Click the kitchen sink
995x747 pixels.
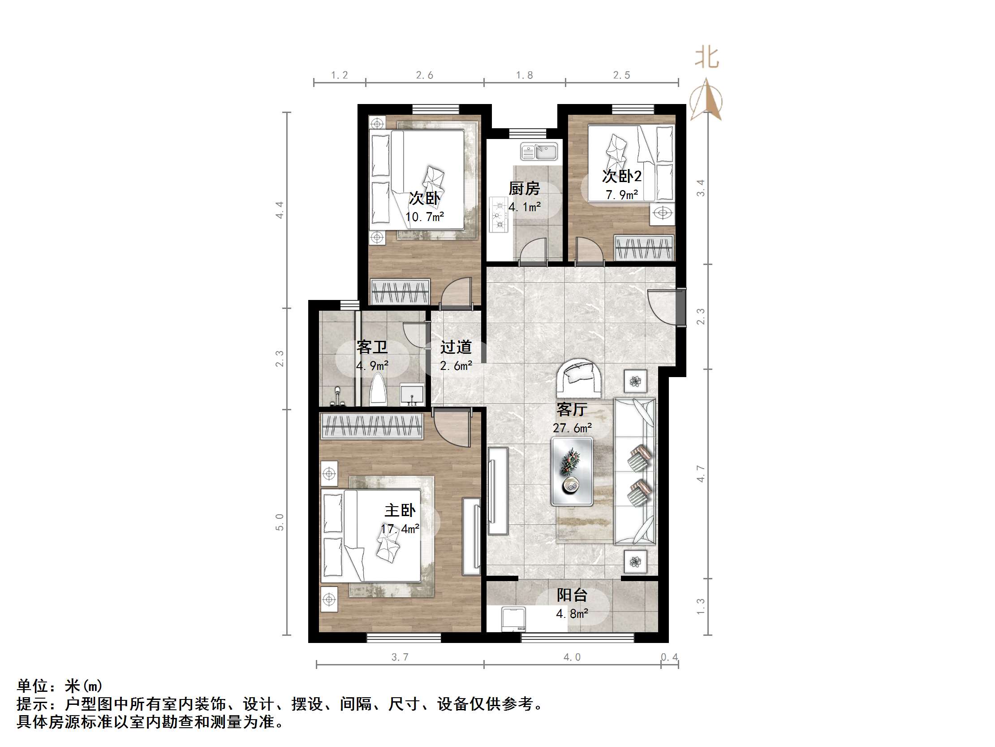pyautogui.click(x=539, y=151)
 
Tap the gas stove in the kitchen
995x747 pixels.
pyautogui.click(x=499, y=215)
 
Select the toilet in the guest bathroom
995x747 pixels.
pyautogui.click(x=378, y=391)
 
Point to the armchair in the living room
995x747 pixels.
pyautogui.click(x=579, y=378)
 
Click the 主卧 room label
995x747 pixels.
pyautogui.click(x=400, y=510)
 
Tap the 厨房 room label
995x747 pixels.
pyautogui.click(x=524, y=188)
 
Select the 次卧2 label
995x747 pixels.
pyautogui.click(x=622, y=176)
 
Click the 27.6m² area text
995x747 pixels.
pyautogui.click(x=572, y=428)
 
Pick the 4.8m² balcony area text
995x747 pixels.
pyautogui.click(x=572, y=614)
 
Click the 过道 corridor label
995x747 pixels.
pyautogui.click(x=456, y=347)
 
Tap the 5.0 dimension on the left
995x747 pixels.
pyautogui.click(x=280, y=522)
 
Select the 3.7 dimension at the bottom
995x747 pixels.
pyautogui.click(x=400, y=657)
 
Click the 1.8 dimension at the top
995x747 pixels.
pyautogui.click(x=524, y=75)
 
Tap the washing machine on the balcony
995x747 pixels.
pyautogui.click(x=513, y=619)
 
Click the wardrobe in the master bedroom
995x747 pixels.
pyautogui.click(x=371, y=426)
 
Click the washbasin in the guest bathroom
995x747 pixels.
pyautogui.click(x=412, y=395)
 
